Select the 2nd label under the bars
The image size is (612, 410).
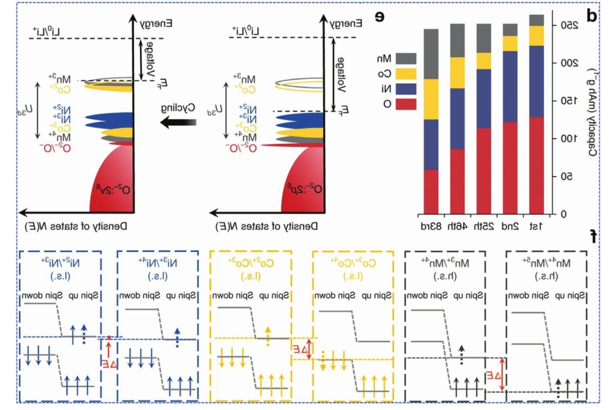(x=512, y=225)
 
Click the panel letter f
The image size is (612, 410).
(x=592, y=237)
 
